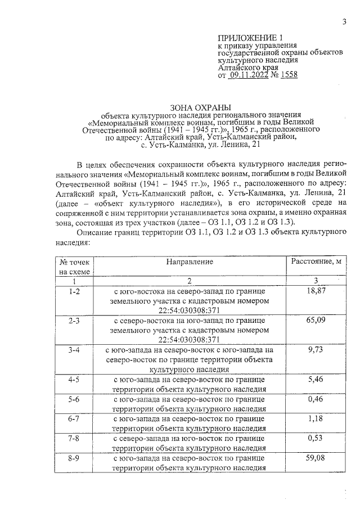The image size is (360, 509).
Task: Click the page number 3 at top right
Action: pos(342,22)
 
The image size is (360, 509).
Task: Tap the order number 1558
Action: pos(287,75)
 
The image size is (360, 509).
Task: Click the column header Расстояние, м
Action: pos(316,262)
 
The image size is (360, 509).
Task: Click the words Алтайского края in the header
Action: pos(245,67)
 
